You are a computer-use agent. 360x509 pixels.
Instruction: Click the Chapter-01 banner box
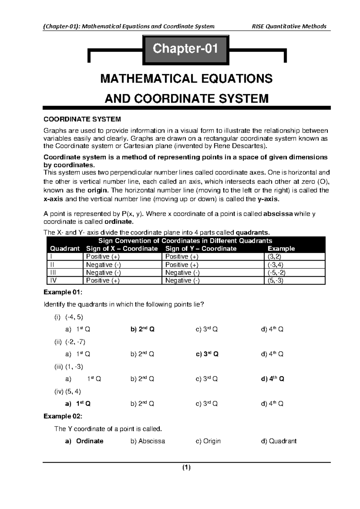(185, 49)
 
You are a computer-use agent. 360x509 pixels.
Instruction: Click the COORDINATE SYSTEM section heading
(82, 119)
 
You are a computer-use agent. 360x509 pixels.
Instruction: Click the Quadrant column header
(65, 248)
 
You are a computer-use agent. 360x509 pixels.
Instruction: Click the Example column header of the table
(281, 248)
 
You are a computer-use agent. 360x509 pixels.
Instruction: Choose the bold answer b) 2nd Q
(142, 329)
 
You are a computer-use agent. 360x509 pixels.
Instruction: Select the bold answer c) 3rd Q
(207, 354)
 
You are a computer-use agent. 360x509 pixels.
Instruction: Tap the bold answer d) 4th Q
(272, 379)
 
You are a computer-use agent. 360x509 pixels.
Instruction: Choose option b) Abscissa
(148, 441)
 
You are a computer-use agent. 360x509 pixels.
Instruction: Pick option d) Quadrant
(279, 441)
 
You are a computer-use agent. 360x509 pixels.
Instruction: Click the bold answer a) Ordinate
(84, 441)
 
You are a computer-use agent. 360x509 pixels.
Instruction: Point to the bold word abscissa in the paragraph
(278, 214)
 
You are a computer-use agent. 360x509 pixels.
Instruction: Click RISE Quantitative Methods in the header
(289, 26)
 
